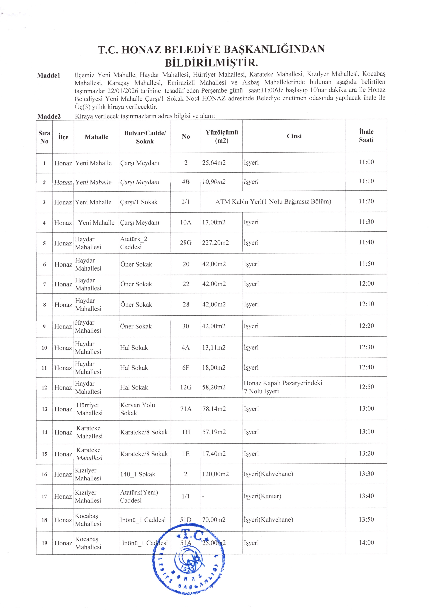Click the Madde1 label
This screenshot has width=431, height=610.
tap(49, 75)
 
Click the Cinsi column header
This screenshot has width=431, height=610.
tap(294, 136)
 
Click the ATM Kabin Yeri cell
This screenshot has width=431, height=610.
tap(273, 202)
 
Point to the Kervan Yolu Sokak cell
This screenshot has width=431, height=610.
tap(137, 409)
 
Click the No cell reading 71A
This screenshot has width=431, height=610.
tap(186, 409)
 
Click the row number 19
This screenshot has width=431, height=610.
tap(44, 543)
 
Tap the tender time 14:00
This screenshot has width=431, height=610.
tap(366, 543)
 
